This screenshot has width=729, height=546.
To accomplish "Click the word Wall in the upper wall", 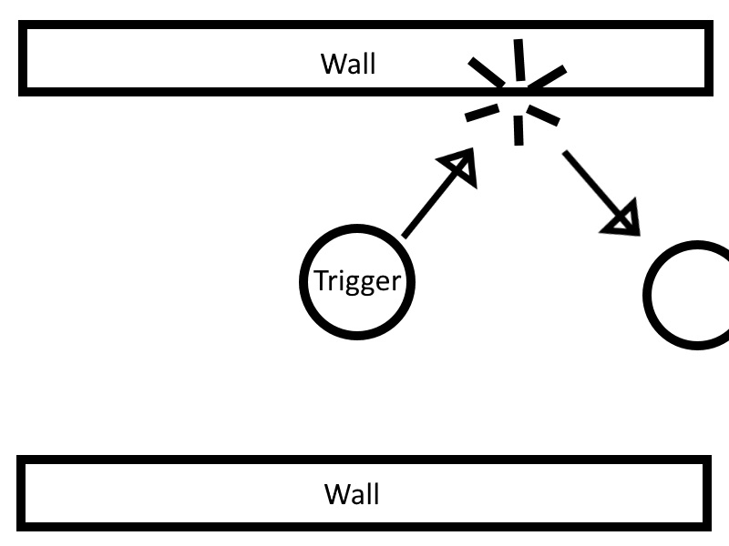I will pos(348,64).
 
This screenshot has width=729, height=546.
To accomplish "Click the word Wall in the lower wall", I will pos(352,494).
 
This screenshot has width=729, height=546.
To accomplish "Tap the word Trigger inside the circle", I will pos(357,281).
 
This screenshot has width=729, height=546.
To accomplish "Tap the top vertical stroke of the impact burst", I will pos(519,60).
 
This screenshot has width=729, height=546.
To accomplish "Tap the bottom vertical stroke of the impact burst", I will pos(519,130).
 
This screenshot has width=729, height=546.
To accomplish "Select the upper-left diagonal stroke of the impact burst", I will pos(486,72).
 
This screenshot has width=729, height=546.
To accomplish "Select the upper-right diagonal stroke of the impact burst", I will pos(548,77).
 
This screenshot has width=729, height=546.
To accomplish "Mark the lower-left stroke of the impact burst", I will pos(483,112).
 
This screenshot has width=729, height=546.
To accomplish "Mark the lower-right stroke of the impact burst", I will pos(546,114).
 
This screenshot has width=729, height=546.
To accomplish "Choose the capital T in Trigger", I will pos(322,281).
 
